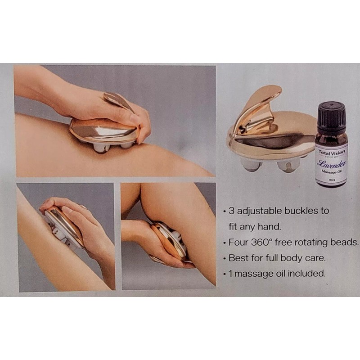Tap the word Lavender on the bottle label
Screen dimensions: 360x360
[330, 162]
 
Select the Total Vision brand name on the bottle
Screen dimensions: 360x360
[331, 153]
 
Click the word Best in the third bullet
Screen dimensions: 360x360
[237, 258]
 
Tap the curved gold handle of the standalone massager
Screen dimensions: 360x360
[260, 108]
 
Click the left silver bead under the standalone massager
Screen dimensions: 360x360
[249, 164]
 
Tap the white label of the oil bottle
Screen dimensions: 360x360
[331, 164]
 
